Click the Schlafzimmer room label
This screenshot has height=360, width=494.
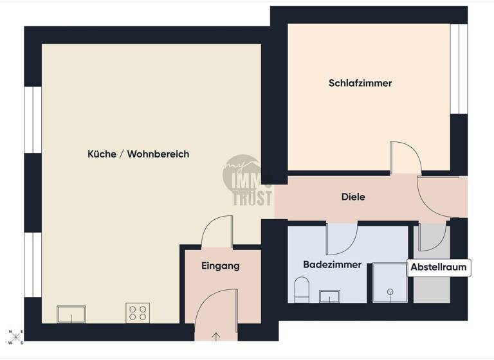(360, 83)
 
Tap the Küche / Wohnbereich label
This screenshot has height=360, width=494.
(138, 154)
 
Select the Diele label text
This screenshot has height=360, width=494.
(353, 197)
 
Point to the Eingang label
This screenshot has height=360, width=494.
(221, 265)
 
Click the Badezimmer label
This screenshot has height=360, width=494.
(332, 264)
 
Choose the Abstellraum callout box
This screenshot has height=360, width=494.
(439, 268)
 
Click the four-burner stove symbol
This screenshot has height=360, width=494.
(138, 313)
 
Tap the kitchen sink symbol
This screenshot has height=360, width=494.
(71, 314)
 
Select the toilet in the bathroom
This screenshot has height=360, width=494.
(302, 290)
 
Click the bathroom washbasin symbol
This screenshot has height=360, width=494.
(330, 296)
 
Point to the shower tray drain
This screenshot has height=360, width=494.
(390, 292)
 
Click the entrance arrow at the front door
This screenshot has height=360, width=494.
(215, 335)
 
